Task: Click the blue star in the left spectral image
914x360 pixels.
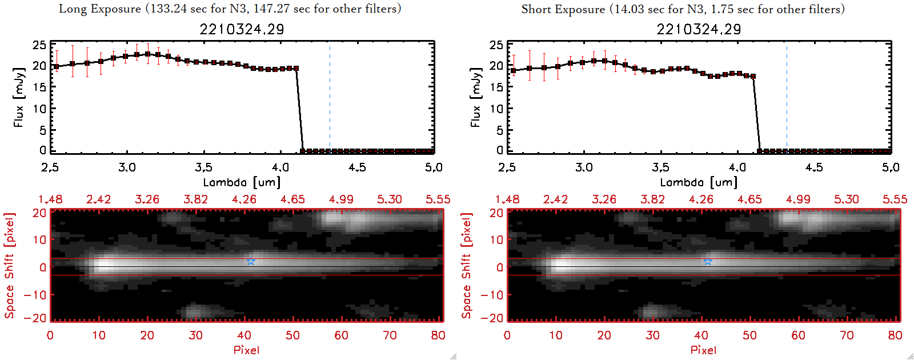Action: [251, 262]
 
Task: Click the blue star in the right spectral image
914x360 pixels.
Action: [708, 262]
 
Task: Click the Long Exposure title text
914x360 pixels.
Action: [230, 9]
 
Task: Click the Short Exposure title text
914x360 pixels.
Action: [683, 9]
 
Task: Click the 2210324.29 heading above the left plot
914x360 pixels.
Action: [242, 29]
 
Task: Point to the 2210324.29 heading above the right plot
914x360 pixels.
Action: [699, 29]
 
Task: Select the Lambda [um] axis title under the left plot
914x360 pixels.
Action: [242, 182]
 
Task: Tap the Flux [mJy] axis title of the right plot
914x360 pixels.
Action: [475, 97]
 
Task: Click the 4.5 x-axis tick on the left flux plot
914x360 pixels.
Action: [357, 167]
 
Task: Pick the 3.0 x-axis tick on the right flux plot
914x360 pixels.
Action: [584, 167]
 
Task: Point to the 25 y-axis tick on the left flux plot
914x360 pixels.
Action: [39, 45]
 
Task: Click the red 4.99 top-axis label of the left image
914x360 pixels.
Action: [341, 199]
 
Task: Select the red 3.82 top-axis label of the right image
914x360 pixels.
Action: [652, 199]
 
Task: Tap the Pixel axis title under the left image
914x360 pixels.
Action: [246, 350]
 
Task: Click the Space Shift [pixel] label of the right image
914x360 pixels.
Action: [466, 266]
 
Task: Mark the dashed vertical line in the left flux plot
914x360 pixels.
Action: [330, 97]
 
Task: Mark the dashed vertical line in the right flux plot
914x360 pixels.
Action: [787, 97]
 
